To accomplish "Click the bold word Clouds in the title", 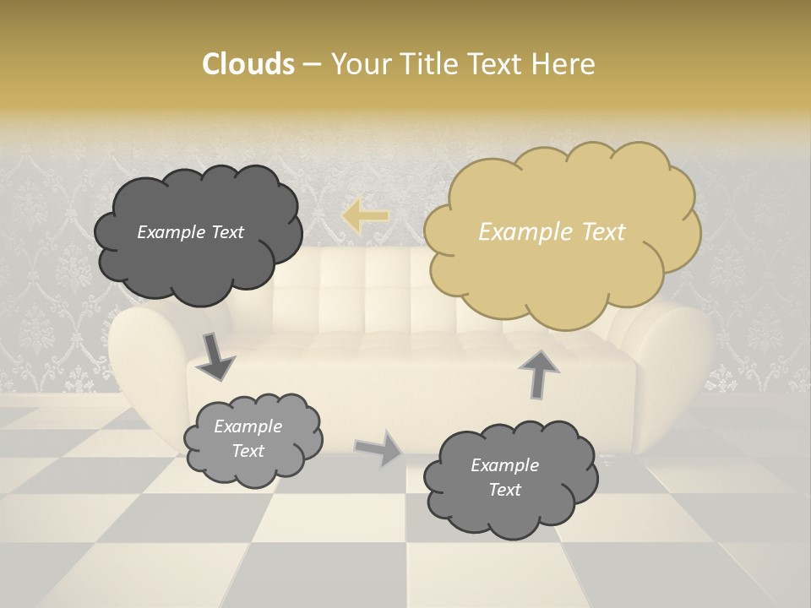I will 248,64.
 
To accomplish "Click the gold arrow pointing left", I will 365,216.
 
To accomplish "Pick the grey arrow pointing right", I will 378,448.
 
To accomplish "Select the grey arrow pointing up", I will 538,372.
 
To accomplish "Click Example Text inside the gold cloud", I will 552,232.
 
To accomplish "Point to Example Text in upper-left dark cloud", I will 190,232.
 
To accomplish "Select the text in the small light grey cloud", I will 248,438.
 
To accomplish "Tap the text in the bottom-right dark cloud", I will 504,477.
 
